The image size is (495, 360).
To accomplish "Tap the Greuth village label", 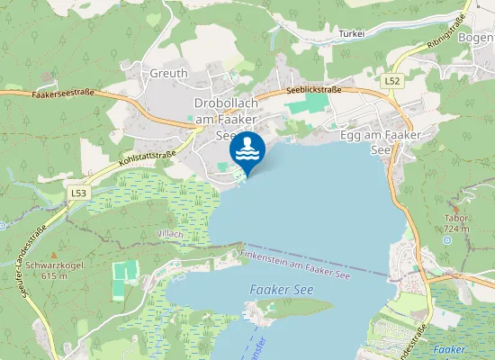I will tap(168, 74).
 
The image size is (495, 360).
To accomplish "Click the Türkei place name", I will tap(351, 34).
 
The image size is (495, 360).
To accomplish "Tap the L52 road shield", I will tap(391, 81).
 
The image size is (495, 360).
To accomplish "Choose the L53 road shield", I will tap(78, 193).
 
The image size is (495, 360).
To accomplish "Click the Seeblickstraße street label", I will tap(313, 92).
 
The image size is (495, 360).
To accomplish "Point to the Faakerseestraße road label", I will tap(63, 93).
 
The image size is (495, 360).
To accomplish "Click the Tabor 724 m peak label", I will tap(457, 223).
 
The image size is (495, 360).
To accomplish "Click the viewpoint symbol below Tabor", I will tap(447, 240).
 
